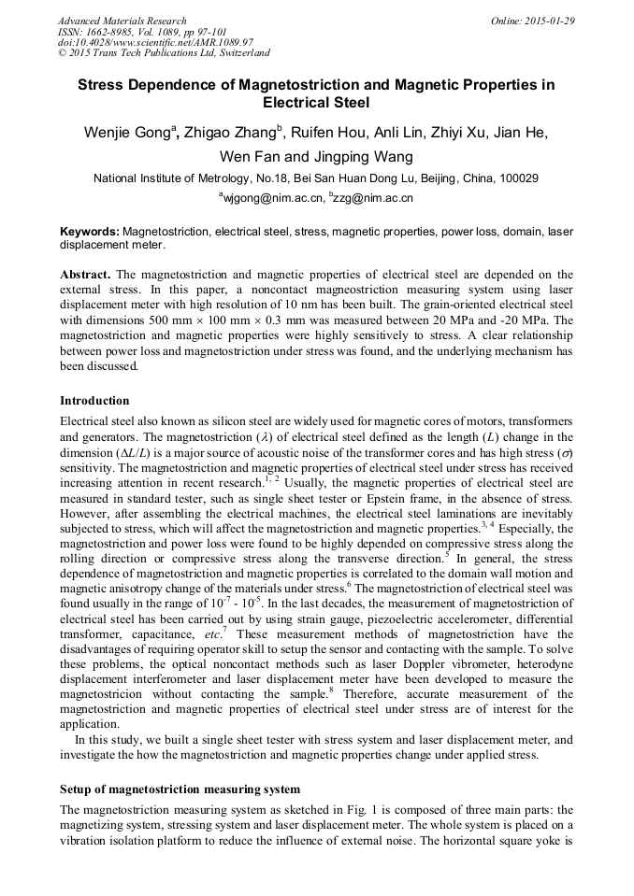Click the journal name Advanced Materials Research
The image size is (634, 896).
pos(122,21)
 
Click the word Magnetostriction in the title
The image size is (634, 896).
pos(298,85)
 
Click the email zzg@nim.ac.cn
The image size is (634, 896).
pos(373,197)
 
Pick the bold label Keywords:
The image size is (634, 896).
pos(90,231)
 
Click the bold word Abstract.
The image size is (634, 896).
pos(86,274)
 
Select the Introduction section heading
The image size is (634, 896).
pos(94,401)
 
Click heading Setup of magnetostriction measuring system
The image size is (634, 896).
pos(180,789)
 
